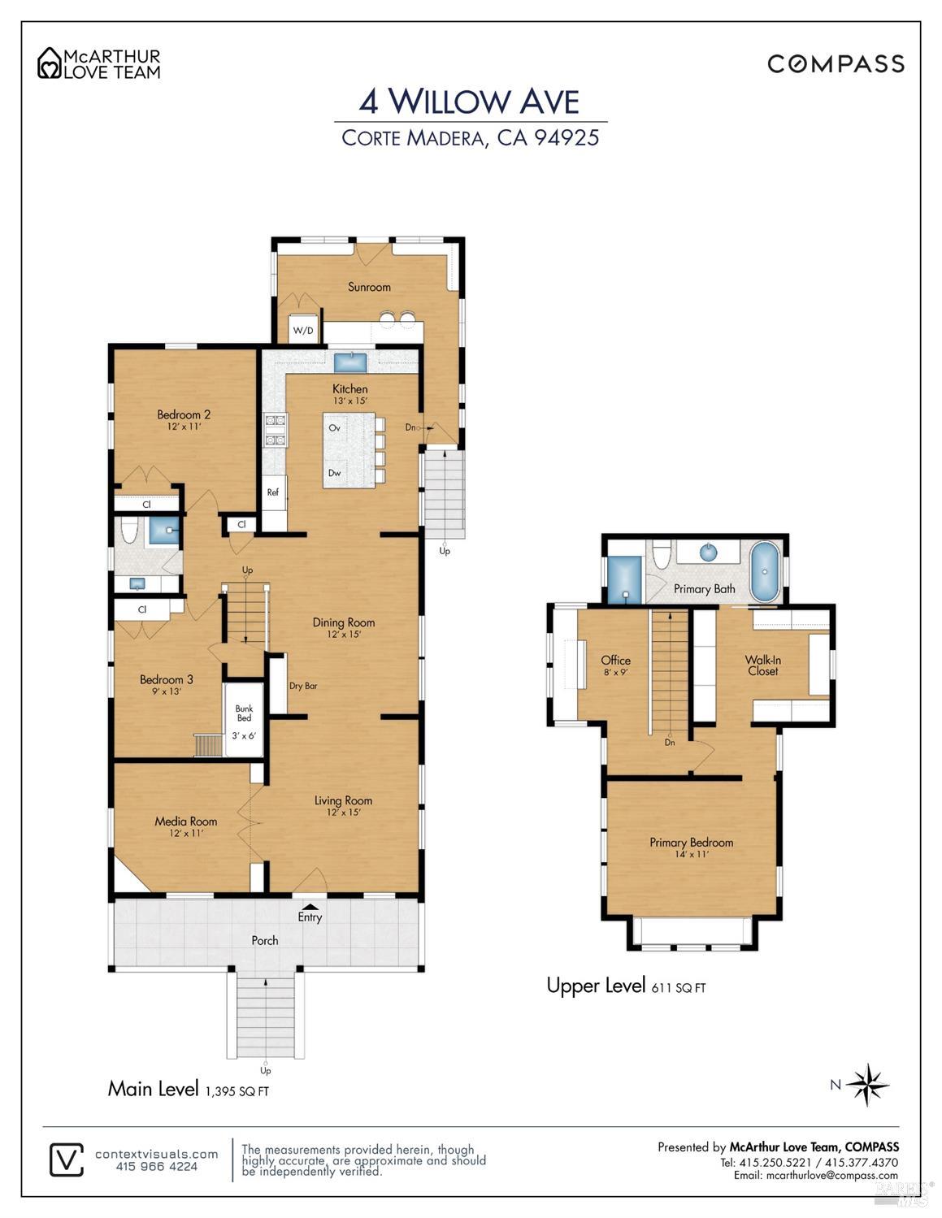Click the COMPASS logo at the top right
click(836, 64)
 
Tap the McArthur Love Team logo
click(99, 63)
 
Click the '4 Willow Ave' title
click(469, 102)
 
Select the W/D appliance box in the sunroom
click(303, 330)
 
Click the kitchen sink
click(350, 360)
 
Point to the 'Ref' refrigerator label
click(273, 492)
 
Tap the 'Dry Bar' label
click(302, 686)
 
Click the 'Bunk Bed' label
click(244, 713)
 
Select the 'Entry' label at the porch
click(310, 917)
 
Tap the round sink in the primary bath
click(708, 553)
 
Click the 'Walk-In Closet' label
click(762, 665)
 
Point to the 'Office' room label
click(615, 661)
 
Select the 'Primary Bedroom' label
click(691, 843)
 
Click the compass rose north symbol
click(868, 1084)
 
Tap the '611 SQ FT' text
click(678, 988)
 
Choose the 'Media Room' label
click(185, 821)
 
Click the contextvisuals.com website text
click(156, 1154)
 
